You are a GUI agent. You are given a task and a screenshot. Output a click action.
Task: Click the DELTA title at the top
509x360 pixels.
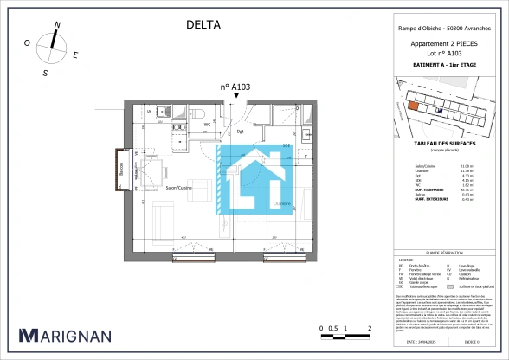click(203, 25)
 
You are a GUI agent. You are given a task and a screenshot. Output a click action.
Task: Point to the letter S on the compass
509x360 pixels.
click(45, 74)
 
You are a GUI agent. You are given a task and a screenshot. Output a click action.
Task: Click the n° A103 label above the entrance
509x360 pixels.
click(235, 87)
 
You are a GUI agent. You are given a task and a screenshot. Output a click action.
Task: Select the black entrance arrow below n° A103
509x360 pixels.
click(235, 98)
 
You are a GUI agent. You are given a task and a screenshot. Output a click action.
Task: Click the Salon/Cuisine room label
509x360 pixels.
click(179, 187)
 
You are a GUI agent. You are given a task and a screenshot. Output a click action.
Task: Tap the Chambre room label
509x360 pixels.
click(282, 204)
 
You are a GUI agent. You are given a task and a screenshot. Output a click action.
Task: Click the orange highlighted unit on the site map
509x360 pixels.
click(413, 106)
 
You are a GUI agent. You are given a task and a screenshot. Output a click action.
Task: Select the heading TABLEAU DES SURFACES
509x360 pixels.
click(442, 145)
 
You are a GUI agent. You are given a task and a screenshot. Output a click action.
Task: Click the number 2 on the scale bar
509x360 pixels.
click(370, 329)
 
